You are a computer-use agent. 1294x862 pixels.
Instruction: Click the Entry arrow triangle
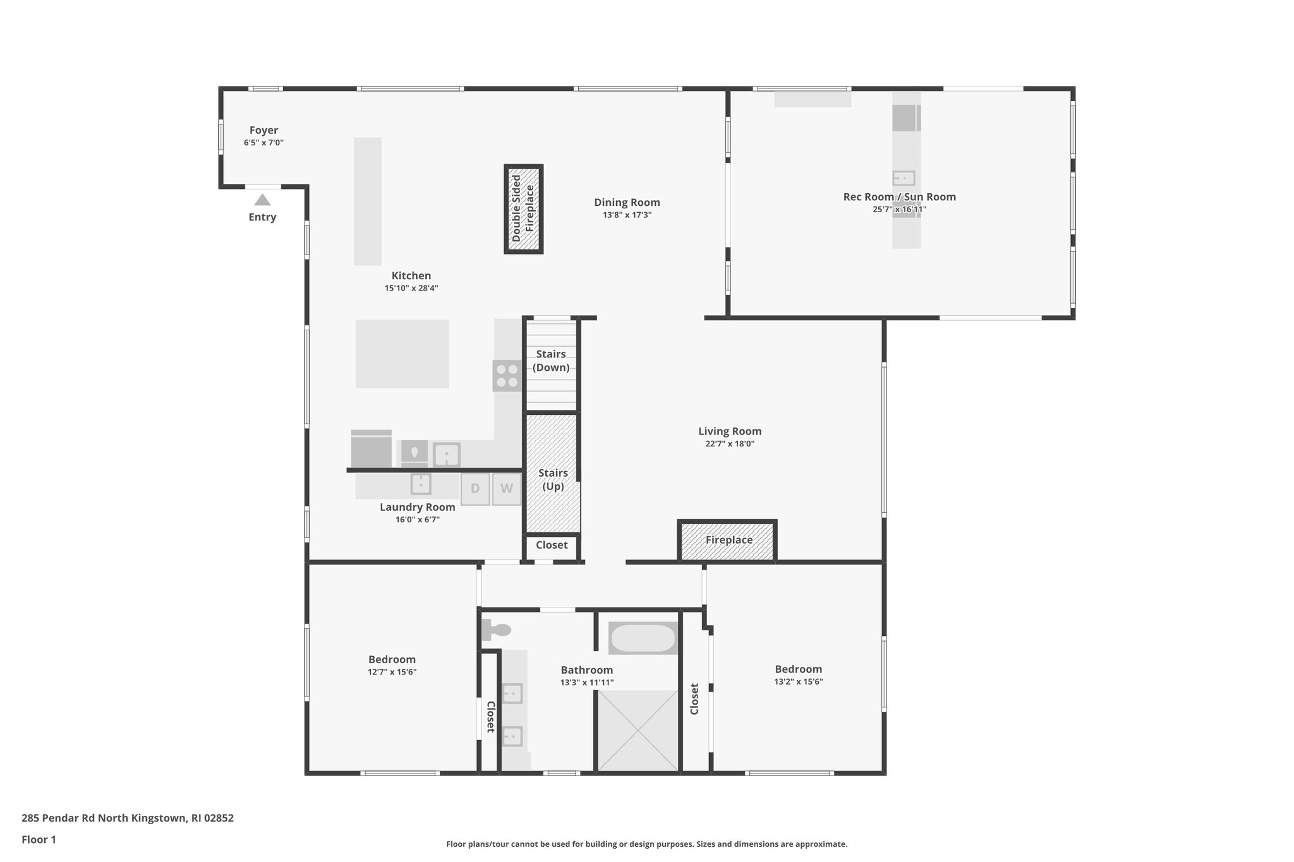(x=262, y=200)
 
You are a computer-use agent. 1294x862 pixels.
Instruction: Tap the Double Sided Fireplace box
(x=523, y=209)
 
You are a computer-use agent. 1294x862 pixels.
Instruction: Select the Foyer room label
(x=263, y=130)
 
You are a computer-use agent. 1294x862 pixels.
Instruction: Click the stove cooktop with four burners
(x=507, y=376)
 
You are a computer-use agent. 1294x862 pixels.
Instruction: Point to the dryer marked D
(x=475, y=489)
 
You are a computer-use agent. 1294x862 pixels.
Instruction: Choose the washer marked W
(x=507, y=489)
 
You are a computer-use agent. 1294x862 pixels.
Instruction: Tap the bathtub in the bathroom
(x=643, y=638)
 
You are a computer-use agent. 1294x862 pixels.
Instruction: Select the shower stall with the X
(x=638, y=731)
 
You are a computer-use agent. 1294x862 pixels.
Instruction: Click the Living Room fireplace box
(x=728, y=541)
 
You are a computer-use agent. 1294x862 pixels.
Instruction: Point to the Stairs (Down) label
(x=551, y=361)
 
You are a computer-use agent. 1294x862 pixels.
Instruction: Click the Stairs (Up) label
(x=553, y=479)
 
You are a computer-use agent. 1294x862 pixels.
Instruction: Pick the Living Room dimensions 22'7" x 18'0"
(x=730, y=444)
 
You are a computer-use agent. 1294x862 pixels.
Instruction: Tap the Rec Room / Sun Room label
(x=899, y=196)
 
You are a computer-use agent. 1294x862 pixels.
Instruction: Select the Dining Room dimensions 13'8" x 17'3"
(x=627, y=215)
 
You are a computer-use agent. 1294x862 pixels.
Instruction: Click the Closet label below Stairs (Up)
(x=552, y=545)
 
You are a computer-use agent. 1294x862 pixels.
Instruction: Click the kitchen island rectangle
(x=402, y=354)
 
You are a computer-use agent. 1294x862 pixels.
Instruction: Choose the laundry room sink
(x=421, y=484)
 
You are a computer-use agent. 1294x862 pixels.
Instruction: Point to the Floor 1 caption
(x=39, y=839)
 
